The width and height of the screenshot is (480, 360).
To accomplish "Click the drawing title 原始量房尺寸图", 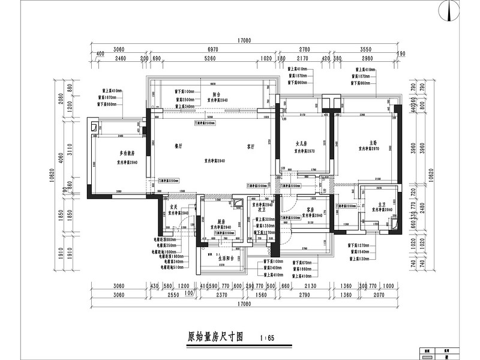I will coord(215,337).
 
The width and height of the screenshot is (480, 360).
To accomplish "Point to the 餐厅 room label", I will coord(178,146).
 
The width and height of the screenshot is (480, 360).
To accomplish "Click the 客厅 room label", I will coord(251,146).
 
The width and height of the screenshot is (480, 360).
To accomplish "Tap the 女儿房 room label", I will coord(301,144).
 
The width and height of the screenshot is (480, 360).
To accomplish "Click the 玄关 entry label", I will coord(173,206).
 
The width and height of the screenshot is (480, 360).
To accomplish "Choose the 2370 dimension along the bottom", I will coord(221,295).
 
